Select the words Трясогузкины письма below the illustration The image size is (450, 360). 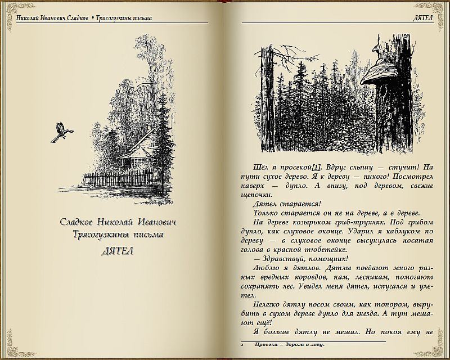(x=118, y=235)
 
